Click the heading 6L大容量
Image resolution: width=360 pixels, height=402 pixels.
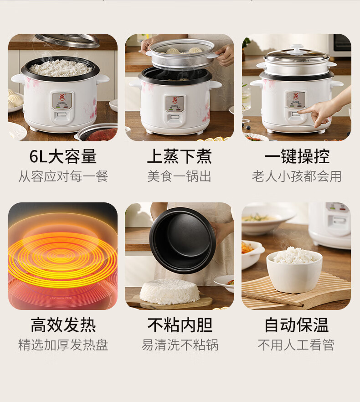pos(63,156)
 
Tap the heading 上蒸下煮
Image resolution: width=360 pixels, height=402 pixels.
pos(180,156)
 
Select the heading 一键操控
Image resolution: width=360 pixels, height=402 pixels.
pos(297,156)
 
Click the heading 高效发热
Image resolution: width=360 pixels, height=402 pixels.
pos(63,325)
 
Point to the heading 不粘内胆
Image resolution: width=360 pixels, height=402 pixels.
pos(180,325)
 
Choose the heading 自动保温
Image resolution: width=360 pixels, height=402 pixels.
pos(296,325)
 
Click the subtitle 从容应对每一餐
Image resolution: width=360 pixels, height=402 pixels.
pos(63,176)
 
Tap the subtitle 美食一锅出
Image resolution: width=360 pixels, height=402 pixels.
pos(179,176)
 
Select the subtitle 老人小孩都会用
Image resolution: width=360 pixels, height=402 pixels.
pos(297,176)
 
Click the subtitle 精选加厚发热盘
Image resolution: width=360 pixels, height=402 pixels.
pos(63,345)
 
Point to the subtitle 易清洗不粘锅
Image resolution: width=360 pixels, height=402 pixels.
pos(180,345)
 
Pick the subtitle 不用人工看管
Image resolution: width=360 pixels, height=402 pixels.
pos(296,345)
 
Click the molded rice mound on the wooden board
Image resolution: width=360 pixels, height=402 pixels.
pos(170,292)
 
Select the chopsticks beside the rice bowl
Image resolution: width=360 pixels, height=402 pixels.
pos(273,299)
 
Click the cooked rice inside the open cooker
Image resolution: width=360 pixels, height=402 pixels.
pos(61,67)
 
